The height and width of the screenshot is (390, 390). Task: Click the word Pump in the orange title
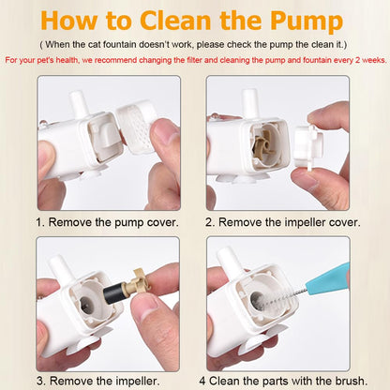[307, 22]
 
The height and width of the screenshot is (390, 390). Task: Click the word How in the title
[68, 20]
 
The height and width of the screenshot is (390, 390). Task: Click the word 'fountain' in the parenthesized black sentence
[119, 44]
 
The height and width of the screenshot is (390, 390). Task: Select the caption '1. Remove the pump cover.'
[107, 222]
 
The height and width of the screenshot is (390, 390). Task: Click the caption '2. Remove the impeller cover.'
[283, 222]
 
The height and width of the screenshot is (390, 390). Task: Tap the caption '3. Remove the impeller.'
[98, 381]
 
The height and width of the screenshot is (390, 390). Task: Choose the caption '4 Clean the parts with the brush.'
[283, 381]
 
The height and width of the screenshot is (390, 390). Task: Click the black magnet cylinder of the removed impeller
[112, 293]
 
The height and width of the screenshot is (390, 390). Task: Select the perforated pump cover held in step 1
[137, 126]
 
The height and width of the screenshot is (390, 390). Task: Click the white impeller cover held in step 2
[308, 145]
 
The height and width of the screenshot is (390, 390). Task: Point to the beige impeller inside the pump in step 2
[261, 145]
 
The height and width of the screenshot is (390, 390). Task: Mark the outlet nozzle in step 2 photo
[250, 103]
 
